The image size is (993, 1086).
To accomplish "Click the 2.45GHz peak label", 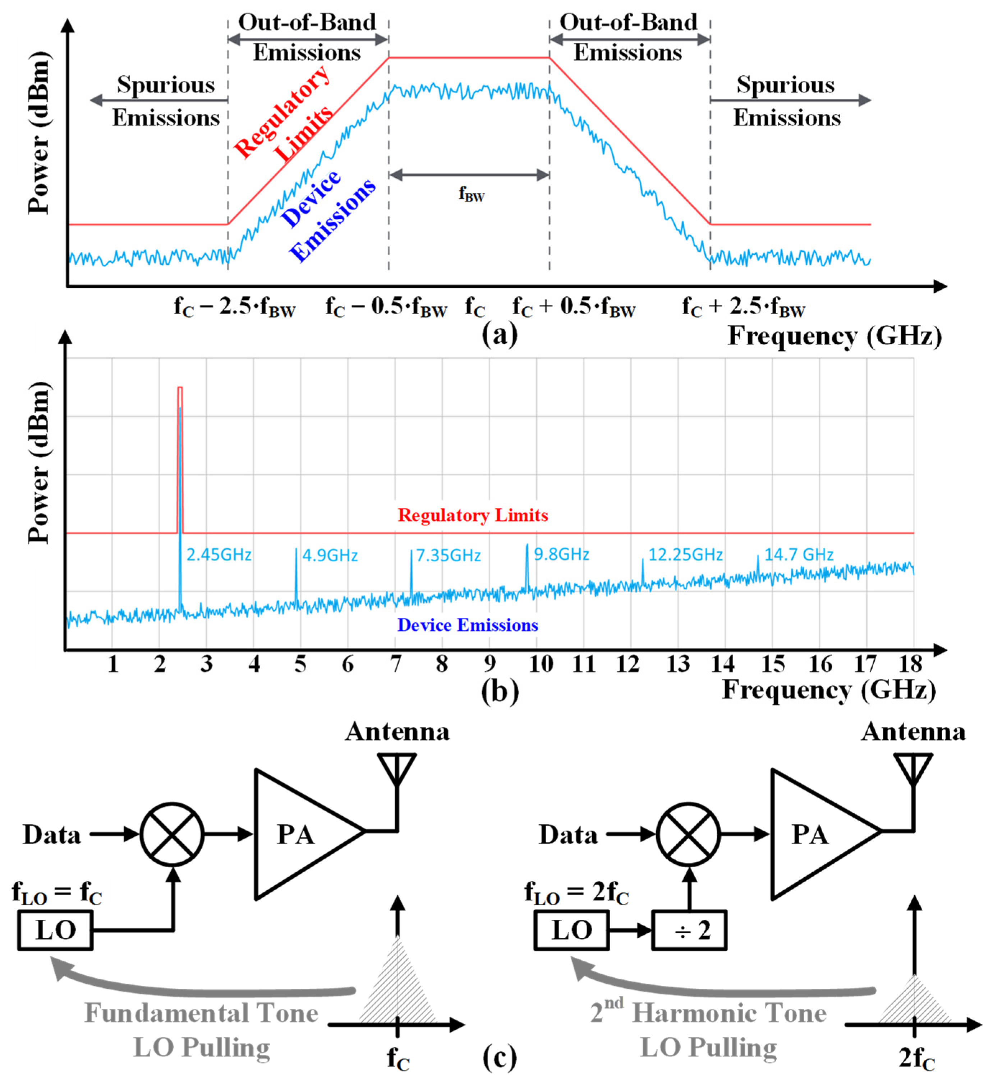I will coord(219,554).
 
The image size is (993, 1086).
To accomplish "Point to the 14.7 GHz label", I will coord(799,554).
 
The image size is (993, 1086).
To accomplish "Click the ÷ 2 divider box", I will coord(689,930).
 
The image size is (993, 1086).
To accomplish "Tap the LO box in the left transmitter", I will coord(55,930).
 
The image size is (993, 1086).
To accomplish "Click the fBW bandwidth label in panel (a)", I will coord(472,193).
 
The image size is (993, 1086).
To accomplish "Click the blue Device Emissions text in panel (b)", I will coord(467,625).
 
